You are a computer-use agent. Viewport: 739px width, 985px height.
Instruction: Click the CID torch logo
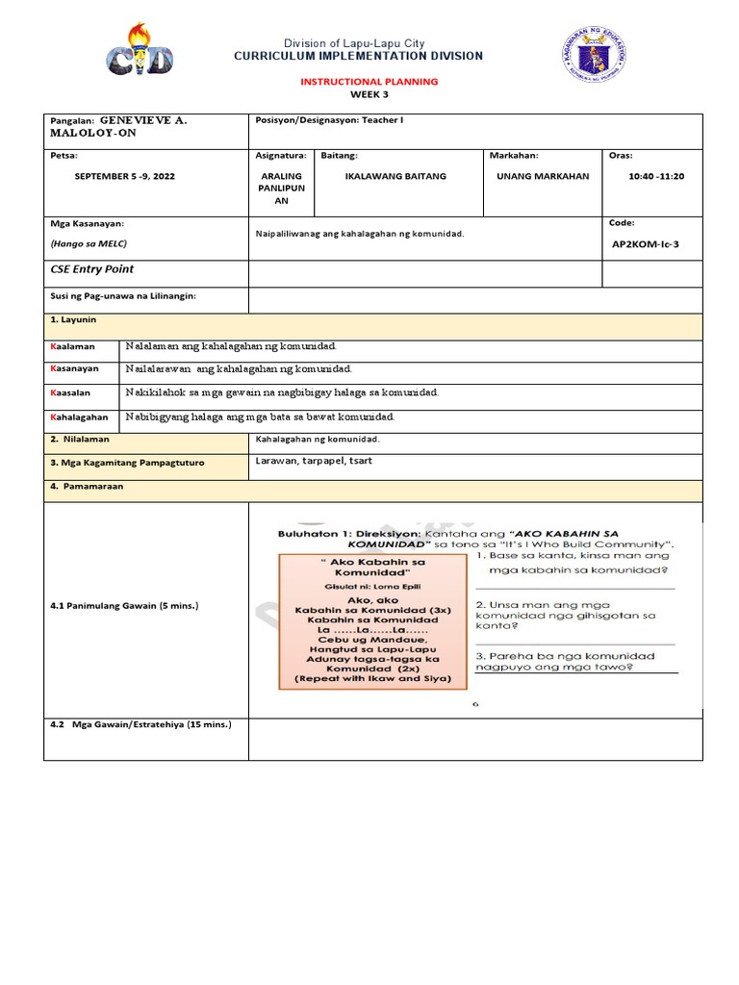tap(140, 51)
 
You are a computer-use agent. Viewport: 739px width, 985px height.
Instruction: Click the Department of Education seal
tap(594, 54)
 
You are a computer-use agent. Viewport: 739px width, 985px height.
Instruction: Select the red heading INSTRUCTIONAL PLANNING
tap(369, 82)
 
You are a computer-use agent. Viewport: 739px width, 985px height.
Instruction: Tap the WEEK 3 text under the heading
tap(369, 94)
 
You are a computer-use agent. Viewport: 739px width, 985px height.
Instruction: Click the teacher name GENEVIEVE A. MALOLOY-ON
tap(114, 129)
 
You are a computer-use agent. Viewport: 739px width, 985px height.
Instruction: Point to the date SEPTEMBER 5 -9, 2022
tap(125, 177)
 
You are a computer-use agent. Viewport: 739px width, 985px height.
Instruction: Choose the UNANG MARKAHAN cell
tap(543, 177)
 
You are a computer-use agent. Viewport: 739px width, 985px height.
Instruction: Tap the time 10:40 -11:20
tap(655, 177)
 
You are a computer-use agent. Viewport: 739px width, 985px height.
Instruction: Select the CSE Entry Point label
tap(92, 269)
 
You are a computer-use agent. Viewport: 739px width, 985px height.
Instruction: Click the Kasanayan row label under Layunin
tap(74, 368)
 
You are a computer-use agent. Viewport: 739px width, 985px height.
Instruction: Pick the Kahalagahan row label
tap(79, 417)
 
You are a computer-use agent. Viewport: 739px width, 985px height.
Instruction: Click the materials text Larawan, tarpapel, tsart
tap(314, 461)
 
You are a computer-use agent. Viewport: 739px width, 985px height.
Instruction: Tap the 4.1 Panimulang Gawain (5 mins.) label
tap(125, 606)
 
